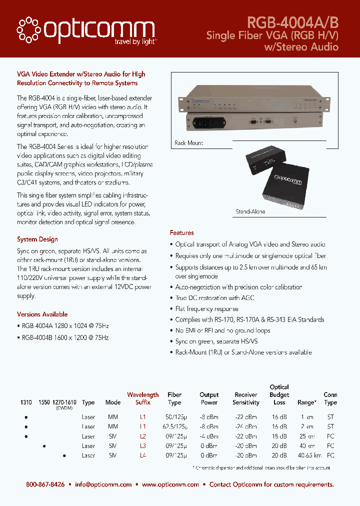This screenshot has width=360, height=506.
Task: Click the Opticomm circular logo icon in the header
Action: tap(29, 29)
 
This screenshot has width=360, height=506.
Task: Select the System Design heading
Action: tap(37, 239)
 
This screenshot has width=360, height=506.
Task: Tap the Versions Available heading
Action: tap(42, 314)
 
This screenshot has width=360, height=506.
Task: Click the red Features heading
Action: tap(181, 233)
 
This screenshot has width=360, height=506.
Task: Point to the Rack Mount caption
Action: tap(188, 143)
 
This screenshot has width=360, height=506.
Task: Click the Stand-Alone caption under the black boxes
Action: tap(250, 212)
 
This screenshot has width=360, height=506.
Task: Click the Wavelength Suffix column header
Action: tap(142, 398)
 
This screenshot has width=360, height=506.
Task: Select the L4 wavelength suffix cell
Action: tap(142, 455)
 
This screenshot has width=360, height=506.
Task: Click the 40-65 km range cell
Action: tap(309, 455)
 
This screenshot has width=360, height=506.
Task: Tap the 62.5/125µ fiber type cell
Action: tap(174, 426)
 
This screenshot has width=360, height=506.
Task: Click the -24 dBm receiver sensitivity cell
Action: tap(245, 426)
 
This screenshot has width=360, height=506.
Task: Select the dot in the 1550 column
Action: tap(44, 446)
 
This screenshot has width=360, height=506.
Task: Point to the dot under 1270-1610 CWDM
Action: tap(64, 455)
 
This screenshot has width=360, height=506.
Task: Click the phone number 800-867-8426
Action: tap(45, 484)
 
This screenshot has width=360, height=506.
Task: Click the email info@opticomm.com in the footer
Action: tap(103, 484)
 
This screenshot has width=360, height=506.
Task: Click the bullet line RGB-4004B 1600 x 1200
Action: tap(65, 337)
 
